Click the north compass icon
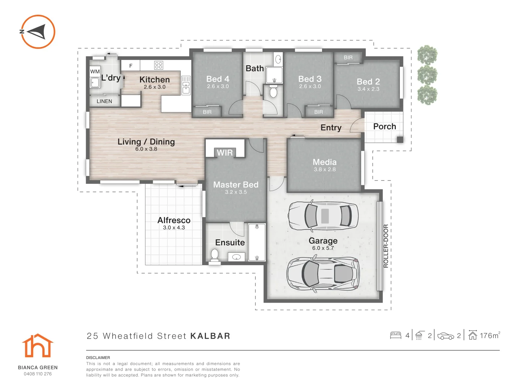[x=38, y=32]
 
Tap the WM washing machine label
[x=95, y=71]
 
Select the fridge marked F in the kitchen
[x=131, y=66]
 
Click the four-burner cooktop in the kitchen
[x=158, y=65]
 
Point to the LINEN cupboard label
[x=104, y=101]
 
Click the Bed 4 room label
[x=217, y=79]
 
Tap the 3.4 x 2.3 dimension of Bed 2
[x=368, y=89]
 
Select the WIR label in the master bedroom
[x=225, y=153]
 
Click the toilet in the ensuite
[x=215, y=255]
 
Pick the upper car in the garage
[x=323, y=216]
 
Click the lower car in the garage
[x=323, y=274]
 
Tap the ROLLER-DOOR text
[x=386, y=246]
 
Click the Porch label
[x=385, y=126]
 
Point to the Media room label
[x=325, y=162]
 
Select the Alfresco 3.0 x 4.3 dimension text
[x=174, y=228]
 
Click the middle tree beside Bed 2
[x=427, y=75]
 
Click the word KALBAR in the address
[x=210, y=336]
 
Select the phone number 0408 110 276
[x=38, y=374]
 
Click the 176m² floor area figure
[x=490, y=335]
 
